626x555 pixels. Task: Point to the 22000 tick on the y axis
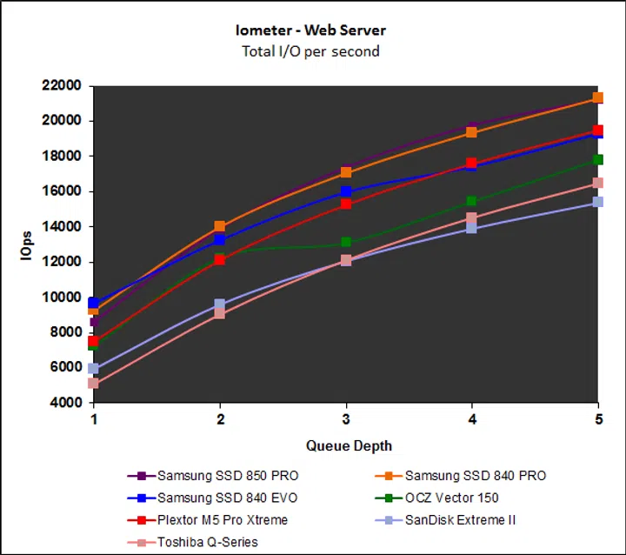tap(61, 85)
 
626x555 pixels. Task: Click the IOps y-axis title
tap(28, 244)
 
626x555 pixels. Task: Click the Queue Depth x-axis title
tap(349, 445)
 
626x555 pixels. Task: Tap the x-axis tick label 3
tap(346, 419)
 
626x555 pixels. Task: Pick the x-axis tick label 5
tap(598, 419)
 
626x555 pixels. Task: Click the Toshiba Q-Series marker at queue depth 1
tap(94, 383)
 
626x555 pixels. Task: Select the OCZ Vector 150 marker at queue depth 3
tap(346, 243)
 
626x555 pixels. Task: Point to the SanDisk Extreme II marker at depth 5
tap(598, 202)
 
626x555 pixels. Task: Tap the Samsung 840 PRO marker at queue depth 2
tap(220, 226)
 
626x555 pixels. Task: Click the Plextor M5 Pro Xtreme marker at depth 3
tap(346, 204)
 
